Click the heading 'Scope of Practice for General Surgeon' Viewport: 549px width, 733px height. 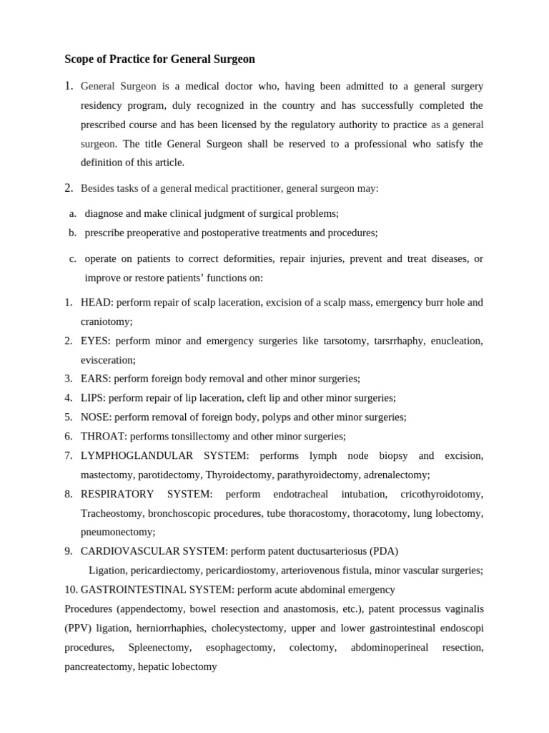point(159,59)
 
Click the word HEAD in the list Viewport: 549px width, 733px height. point(96,303)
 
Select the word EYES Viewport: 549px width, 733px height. point(95,341)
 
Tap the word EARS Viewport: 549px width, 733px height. point(95,379)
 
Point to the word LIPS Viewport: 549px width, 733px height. point(93,398)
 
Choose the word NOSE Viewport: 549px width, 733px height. point(96,417)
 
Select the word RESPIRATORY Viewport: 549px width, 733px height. point(117,494)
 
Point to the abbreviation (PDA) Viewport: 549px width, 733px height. point(384,551)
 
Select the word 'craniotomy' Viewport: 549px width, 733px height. point(107,322)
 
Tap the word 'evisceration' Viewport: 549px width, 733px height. point(108,360)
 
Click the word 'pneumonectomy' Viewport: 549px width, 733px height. point(118,532)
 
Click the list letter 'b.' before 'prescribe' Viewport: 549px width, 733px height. point(73,233)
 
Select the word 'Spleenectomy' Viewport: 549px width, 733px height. point(159,647)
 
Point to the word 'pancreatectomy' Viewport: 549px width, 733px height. point(99,666)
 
